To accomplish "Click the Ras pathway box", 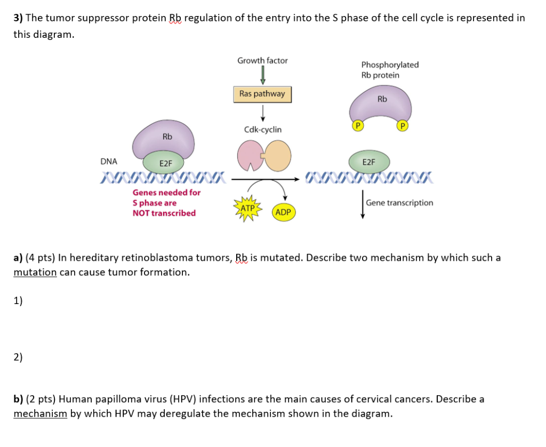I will click(x=262, y=94).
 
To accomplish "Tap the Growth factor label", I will click(x=262, y=61).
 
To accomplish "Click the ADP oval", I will click(x=283, y=212).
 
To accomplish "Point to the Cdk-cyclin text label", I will click(x=262, y=130).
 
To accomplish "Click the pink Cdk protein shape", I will click(x=250, y=155).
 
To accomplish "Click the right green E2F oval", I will click(x=368, y=162).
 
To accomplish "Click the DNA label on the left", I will click(x=109, y=161).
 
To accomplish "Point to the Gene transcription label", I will click(x=399, y=203).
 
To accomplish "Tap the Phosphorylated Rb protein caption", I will click(x=389, y=70).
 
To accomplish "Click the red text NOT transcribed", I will click(x=164, y=213).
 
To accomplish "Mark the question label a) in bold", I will click(x=18, y=258).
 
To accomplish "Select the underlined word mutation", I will click(x=35, y=272).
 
